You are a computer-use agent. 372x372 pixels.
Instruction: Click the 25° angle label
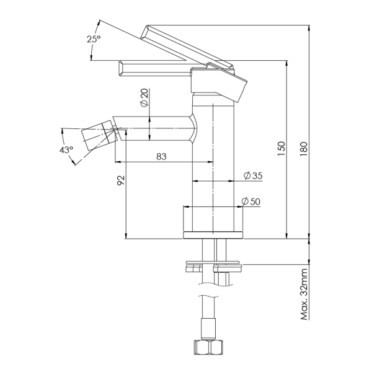pyautogui.click(x=94, y=39)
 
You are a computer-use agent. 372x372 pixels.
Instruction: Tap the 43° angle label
pyautogui.click(x=66, y=150)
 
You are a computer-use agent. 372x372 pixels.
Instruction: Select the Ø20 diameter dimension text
pyautogui.click(x=144, y=97)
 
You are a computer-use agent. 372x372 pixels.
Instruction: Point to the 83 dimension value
pyautogui.click(x=161, y=157)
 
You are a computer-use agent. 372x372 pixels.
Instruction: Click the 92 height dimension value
pyautogui.click(x=121, y=180)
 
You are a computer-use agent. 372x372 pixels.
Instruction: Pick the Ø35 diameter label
pyautogui.click(x=253, y=175)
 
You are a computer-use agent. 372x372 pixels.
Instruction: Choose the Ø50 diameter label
pyautogui.click(x=250, y=201)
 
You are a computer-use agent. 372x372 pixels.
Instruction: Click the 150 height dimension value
pyautogui.click(x=281, y=149)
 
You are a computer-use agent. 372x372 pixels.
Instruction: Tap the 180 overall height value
pyautogui.click(x=304, y=149)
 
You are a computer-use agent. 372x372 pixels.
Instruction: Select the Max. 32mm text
pyautogui.click(x=304, y=294)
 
